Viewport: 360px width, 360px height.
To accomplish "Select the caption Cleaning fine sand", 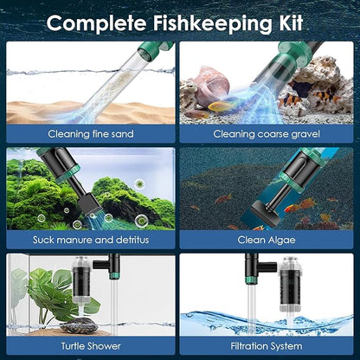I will pos(92,133).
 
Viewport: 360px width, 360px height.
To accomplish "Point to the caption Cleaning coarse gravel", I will pos(267,133).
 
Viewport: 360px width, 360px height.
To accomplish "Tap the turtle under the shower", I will pos(65,318).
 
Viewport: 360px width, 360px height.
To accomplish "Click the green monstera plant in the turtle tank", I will pos(40,290).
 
